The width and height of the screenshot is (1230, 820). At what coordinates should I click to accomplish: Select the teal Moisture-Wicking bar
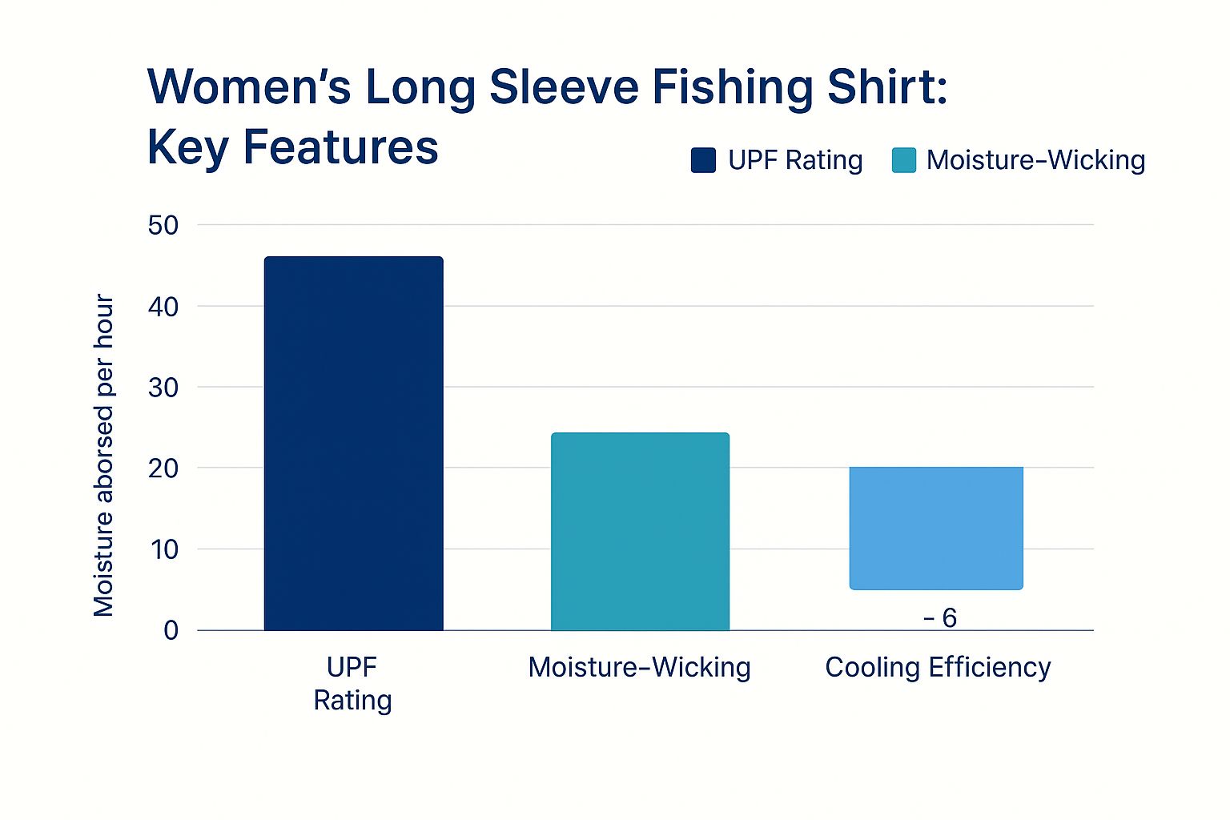click(x=640, y=531)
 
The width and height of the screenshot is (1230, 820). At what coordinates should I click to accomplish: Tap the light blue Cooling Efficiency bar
click(x=935, y=528)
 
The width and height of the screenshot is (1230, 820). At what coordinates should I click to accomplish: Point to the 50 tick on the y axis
click(x=163, y=226)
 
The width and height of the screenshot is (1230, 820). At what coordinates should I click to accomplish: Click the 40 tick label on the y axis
click(x=163, y=307)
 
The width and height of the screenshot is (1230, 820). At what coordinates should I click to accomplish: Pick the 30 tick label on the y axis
click(x=163, y=388)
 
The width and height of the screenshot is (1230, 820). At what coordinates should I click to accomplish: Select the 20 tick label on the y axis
click(x=163, y=468)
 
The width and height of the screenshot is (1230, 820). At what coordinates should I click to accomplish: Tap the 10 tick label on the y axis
click(x=163, y=549)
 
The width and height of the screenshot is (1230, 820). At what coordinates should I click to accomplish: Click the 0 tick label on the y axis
click(x=171, y=631)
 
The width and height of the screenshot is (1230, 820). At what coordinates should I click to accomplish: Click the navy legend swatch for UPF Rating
click(x=703, y=160)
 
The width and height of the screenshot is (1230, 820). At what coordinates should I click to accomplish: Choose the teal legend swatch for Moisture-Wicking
click(x=903, y=160)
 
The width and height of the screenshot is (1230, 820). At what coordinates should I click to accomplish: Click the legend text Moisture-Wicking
click(x=1035, y=160)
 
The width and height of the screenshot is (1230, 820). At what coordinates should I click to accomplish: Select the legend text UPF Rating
click(x=795, y=160)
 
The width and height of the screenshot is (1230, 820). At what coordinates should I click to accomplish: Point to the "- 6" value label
click(x=940, y=618)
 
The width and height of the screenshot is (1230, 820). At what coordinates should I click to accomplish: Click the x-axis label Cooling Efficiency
click(x=938, y=667)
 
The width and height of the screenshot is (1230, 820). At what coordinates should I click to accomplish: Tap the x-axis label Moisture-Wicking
click(x=639, y=667)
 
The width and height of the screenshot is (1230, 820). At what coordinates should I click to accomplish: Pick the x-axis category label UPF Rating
click(x=352, y=683)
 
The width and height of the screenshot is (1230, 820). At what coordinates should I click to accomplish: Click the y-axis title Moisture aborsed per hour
click(x=104, y=455)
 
